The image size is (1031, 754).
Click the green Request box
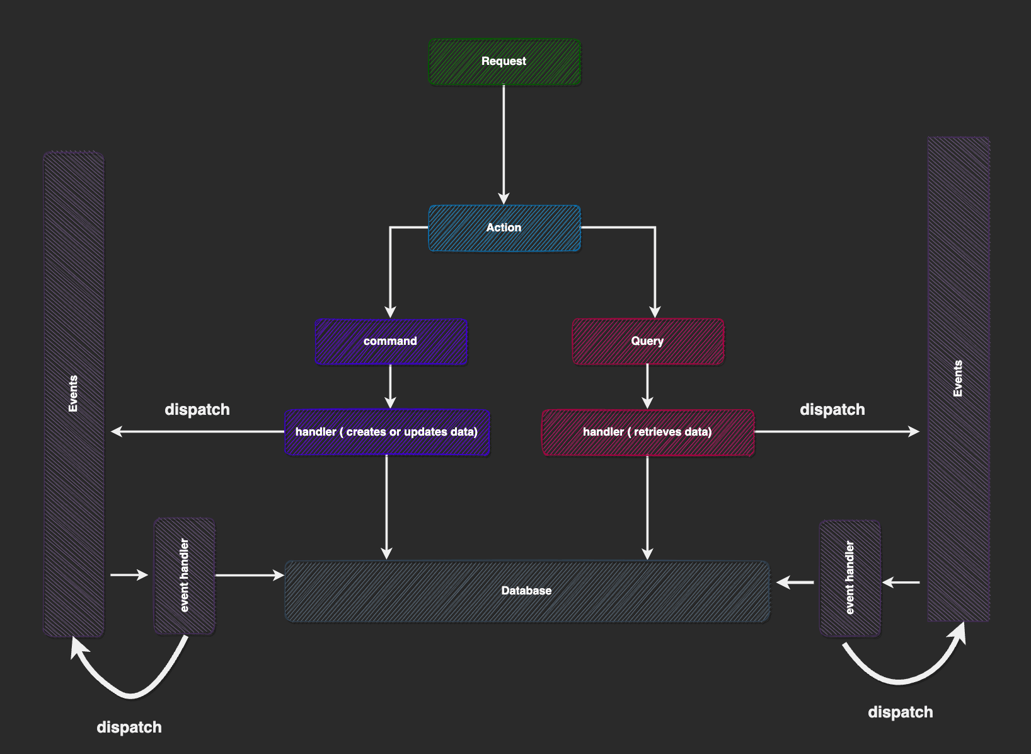504,62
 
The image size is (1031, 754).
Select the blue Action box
504,228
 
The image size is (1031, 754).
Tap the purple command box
391,342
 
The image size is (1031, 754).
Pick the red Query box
648,342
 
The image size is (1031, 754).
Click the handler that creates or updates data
387,432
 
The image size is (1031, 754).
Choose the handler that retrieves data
648,432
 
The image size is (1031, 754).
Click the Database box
527,591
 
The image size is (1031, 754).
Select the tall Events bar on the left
73,394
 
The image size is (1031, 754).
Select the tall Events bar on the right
958,378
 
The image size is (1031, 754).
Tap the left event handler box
185,576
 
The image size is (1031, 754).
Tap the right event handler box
850,577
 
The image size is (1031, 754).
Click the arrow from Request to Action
504,145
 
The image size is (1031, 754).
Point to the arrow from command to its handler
390,386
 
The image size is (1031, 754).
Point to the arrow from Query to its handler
647,386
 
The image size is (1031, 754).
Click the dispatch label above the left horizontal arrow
197,410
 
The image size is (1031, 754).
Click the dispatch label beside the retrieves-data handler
832,410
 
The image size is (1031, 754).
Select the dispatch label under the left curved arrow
129,728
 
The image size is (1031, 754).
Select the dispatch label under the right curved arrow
900,712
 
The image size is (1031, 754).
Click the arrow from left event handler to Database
249,575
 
